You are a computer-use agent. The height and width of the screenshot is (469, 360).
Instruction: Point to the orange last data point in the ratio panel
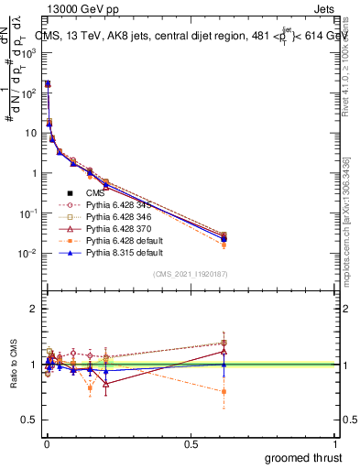point(224,391)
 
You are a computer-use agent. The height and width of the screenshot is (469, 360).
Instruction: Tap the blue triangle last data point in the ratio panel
point(224,365)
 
